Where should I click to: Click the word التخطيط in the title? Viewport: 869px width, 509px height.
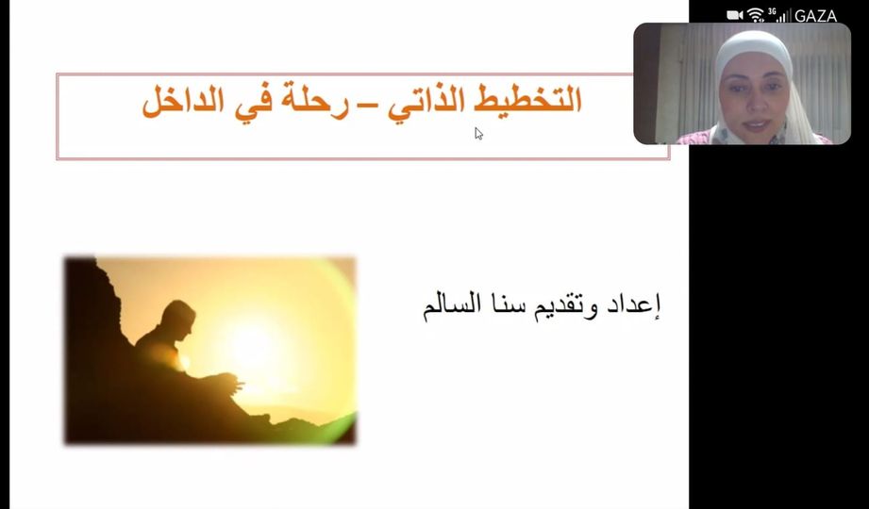(x=529, y=101)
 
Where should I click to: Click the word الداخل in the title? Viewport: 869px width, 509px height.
(x=182, y=101)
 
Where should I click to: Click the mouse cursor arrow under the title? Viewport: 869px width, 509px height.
(x=478, y=134)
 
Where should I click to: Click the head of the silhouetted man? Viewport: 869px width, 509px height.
(x=178, y=317)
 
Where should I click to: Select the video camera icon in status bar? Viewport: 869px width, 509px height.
(x=735, y=15)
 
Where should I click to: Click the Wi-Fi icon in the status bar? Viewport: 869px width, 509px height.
(x=756, y=15)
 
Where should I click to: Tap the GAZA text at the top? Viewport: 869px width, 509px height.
(x=815, y=16)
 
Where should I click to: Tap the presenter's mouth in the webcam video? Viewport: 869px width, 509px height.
(x=756, y=123)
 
